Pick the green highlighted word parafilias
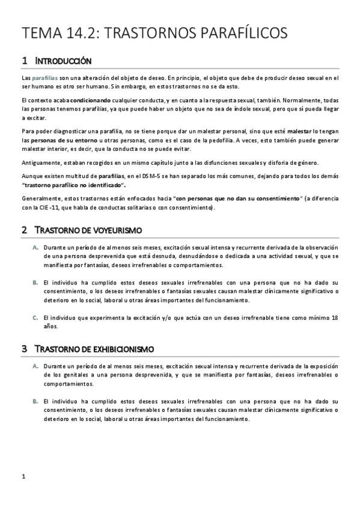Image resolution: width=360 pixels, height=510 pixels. [45, 78]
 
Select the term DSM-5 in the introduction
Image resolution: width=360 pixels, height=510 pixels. [159, 174]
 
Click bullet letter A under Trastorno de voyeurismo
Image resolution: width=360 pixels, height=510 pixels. [35, 248]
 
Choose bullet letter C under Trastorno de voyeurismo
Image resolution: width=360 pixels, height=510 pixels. [35, 317]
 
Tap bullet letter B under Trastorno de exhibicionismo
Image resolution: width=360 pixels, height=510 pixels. [35, 401]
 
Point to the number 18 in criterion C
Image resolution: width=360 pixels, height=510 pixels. [335, 317]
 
